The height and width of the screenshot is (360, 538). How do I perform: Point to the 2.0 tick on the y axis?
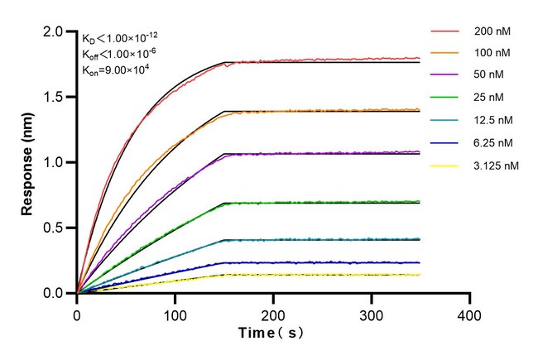(x=54, y=31)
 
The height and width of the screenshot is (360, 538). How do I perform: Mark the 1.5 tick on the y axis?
(x=54, y=97)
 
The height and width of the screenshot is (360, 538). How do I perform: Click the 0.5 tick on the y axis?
(x=54, y=228)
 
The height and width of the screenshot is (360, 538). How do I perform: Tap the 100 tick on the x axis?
(x=175, y=314)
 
